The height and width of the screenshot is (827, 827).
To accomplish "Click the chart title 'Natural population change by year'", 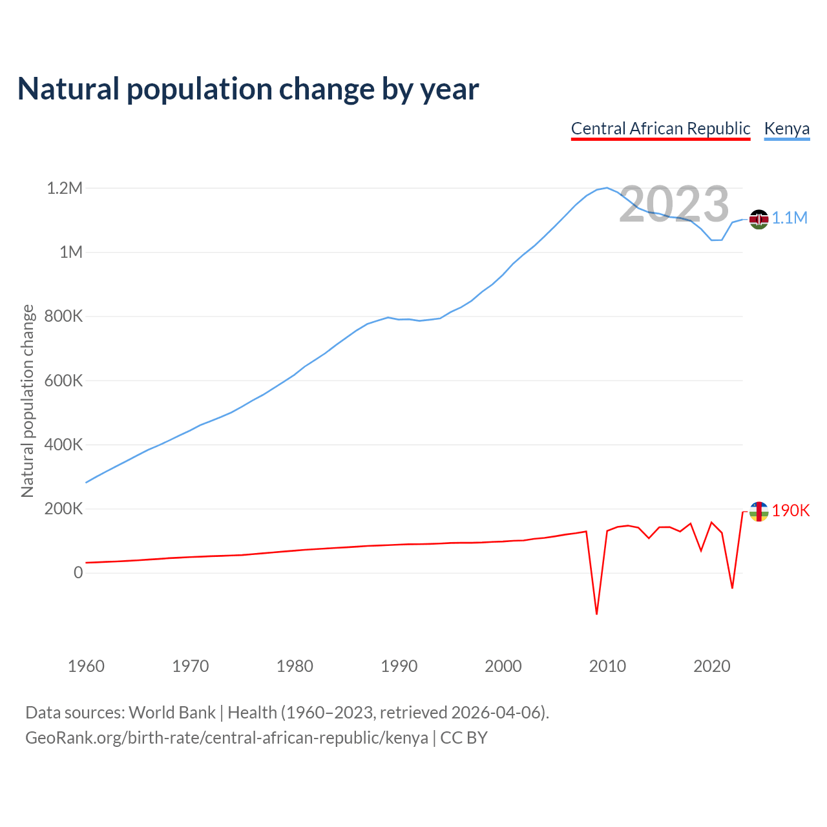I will (x=248, y=89).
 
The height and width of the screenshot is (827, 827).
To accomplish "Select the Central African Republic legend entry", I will (x=660, y=129).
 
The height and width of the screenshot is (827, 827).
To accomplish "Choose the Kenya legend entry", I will (x=786, y=129).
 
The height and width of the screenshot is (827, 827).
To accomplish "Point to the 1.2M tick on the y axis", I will (x=65, y=189).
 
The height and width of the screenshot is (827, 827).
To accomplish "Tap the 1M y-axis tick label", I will (x=71, y=253).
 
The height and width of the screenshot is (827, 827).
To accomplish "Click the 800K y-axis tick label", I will (x=64, y=317).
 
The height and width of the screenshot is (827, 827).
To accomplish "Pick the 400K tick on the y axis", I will (x=64, y=445).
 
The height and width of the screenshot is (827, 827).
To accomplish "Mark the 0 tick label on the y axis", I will (x=78, y=573).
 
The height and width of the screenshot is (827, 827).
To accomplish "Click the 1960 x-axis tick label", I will (x=86, y=666).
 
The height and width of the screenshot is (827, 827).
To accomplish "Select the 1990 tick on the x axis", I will (x=399, y=666).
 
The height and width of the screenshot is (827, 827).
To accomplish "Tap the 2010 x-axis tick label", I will (x=607, y=666).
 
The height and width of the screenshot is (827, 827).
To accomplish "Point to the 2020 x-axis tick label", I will (x=711, y=666).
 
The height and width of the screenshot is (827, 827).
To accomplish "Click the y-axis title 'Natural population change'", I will (x=28, y=401).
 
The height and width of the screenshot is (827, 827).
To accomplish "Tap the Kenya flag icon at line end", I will (x=759, y=219).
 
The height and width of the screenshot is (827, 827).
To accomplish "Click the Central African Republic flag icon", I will (x=759, y=512).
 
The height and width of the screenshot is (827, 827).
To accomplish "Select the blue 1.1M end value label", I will (x=790, y=218).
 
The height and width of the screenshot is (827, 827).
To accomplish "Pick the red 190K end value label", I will (x=791, y=511).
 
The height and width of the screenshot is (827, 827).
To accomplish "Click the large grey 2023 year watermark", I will (x=674, y=205).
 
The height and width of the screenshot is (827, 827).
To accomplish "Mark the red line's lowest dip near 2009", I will (x=596, y=613).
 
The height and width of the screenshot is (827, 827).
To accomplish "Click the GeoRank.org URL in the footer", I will (x=226, y=738).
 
